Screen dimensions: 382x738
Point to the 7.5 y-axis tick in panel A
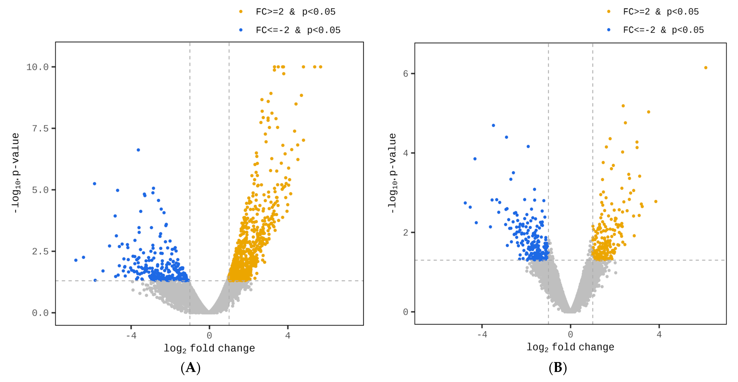(40, 128)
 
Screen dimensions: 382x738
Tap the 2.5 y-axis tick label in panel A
(40, 251)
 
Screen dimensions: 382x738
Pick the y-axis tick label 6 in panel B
(405, 74)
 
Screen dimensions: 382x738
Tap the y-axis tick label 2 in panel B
(405, 233)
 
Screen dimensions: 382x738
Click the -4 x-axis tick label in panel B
(482, 334)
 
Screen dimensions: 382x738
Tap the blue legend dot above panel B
(609, 30)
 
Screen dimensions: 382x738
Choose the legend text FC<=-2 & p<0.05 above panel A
(298, 30)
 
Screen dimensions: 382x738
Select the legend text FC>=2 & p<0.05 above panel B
(661, 12)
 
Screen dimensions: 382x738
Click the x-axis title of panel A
(209, 348)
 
